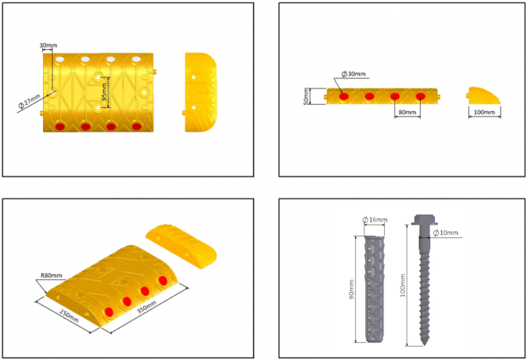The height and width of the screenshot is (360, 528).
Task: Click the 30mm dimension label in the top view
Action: (47, 45)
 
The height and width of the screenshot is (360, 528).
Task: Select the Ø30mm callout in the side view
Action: (354, 74)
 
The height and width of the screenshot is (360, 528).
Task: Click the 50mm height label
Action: (307, 95)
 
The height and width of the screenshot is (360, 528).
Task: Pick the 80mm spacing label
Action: (407, 112)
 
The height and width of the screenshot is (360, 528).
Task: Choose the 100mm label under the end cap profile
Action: (485, 112)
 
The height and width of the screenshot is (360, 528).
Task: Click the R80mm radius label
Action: (51, 275)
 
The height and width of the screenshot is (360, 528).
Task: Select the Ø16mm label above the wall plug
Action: (375, 220)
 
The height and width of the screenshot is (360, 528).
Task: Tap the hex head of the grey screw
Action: (423, 221)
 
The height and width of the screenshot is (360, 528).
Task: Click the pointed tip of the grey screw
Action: (423, 342)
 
